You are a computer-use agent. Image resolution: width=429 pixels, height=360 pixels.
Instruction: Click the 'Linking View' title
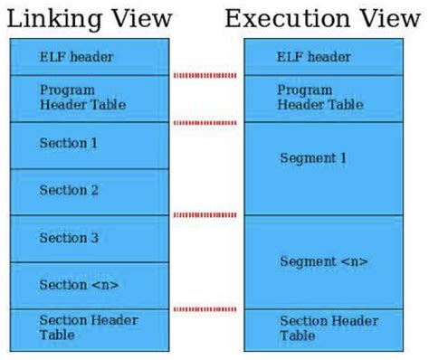(88, 19)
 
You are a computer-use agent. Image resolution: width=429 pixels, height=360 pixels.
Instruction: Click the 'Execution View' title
(323, 19)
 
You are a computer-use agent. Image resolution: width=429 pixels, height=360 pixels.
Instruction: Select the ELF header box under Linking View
(89, 57)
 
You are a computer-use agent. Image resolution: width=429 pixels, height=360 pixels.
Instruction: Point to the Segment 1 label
(313, 158)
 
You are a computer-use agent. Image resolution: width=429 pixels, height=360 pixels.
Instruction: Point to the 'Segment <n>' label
(323, 261)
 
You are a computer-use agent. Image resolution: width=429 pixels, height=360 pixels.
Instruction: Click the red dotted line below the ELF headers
(206, 75)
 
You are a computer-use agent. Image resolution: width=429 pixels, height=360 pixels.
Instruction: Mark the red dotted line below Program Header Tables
(206, 122)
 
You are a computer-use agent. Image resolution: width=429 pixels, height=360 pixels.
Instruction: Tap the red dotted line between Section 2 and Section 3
(206, 215)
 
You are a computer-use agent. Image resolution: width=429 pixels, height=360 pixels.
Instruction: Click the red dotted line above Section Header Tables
(206, 309)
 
